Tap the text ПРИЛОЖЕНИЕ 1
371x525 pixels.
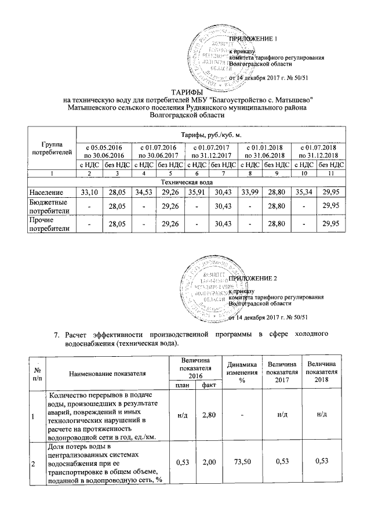(x=254, y=39)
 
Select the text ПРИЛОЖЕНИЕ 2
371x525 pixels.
(x=254, y=279)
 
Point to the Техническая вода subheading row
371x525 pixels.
(x=185, y=182)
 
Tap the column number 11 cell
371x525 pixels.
(x=331, y=173)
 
